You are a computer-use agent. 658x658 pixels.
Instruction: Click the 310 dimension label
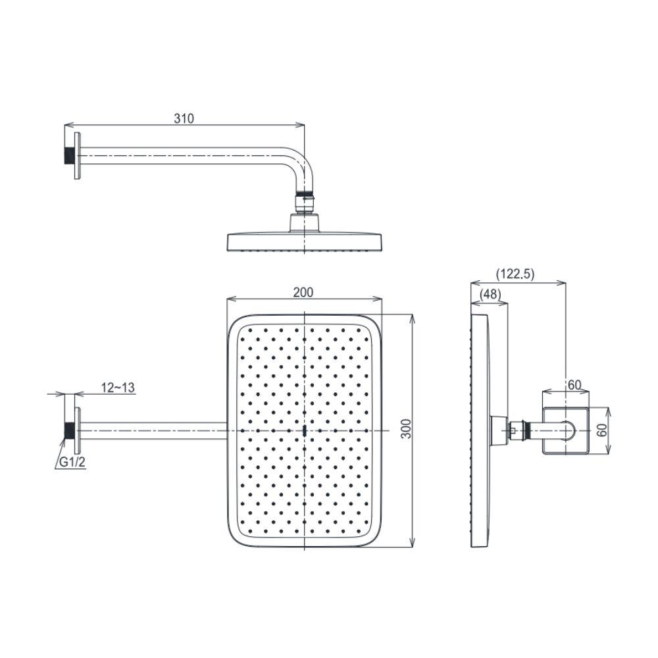tap(184, 118)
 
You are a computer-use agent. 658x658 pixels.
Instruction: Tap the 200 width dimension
tap(303, 292)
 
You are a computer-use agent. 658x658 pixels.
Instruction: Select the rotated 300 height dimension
tap(406, 428)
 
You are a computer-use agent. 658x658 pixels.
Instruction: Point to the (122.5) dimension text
tap(515, 274)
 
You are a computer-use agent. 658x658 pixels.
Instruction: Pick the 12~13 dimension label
tap(118, 388)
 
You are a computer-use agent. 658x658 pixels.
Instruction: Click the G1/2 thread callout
tap(72, 463)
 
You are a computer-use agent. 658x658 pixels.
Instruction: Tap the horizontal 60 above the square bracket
tap(574, 384)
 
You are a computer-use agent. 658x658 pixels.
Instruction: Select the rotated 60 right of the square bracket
tap(602, 430)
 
